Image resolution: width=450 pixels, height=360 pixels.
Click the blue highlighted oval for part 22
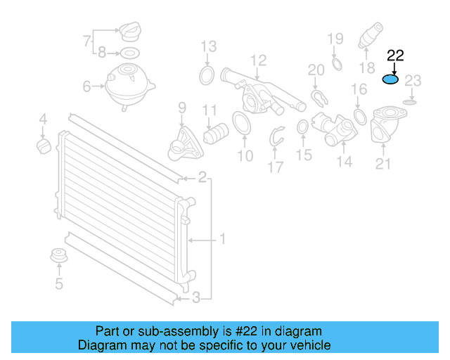(x=390, y=79)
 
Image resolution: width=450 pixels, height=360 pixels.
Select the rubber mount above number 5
(x=58, y=257)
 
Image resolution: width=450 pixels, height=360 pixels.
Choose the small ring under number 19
(x=336, y=65)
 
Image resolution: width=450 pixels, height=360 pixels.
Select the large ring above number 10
(x=240, y=123)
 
